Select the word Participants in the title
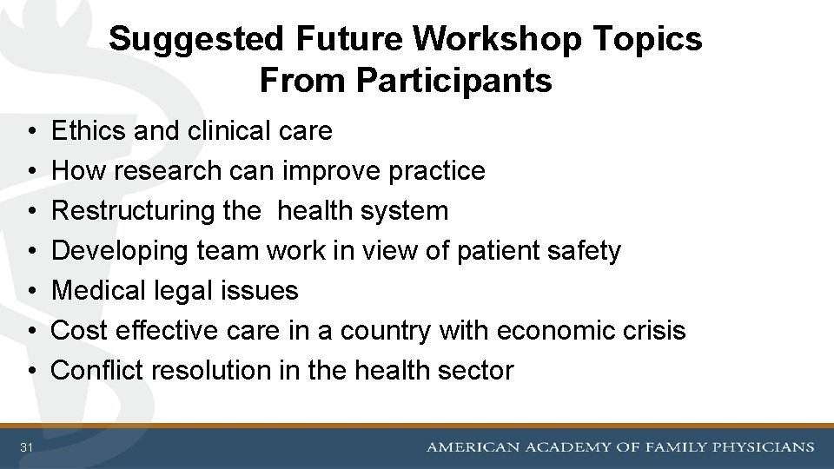click(x=453, y=80)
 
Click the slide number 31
click(x=27, y=447)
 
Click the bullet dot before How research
click(x=30, y=171)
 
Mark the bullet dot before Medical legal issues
click(x=30, y=291)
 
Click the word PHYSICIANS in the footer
click(x=764, y=447)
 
